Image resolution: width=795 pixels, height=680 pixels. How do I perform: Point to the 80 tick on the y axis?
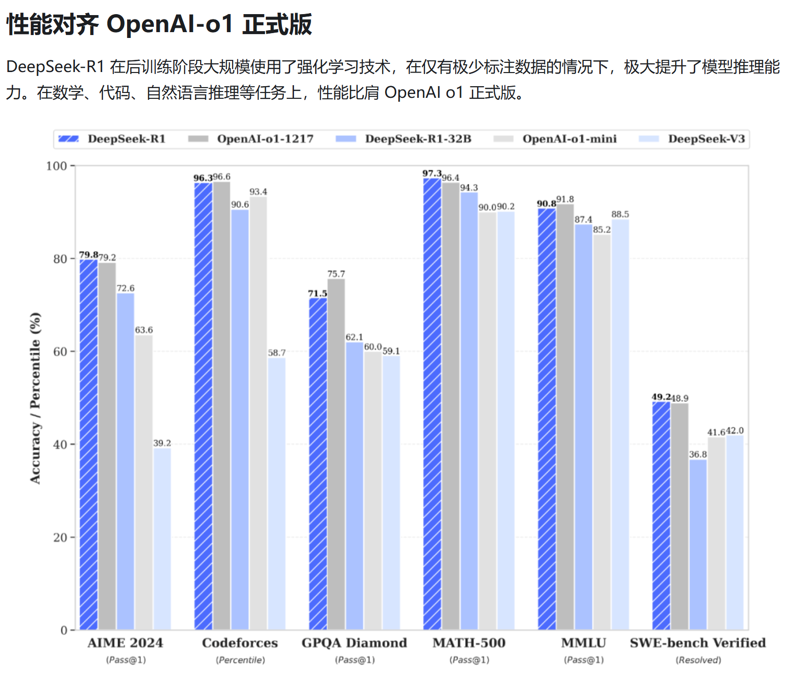[60, 259]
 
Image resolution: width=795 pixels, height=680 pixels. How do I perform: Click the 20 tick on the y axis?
[60, 537]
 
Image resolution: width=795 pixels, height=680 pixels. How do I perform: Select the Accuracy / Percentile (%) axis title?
[35, 398]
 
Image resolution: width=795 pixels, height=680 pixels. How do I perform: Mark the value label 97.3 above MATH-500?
[432, 174]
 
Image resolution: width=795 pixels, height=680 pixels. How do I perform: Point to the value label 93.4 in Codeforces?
[258, 192]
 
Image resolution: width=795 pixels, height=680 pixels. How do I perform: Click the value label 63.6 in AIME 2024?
[144, 330]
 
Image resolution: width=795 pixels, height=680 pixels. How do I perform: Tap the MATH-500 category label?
[469, 643]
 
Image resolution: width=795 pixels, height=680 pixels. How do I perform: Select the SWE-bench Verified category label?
[698, 643]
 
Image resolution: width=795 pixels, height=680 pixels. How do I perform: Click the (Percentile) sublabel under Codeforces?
[240, 660]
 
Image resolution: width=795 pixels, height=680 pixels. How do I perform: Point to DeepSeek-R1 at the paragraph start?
[55, 67]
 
